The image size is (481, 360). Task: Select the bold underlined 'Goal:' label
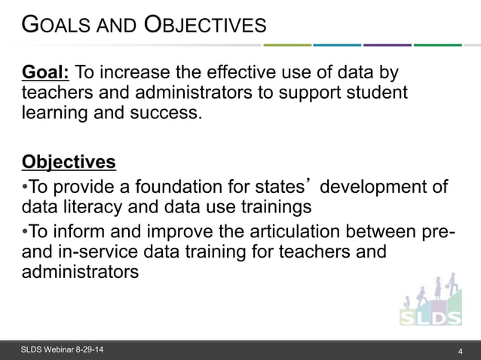coord(47,72)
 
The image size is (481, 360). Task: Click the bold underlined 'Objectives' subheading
coord(69,162)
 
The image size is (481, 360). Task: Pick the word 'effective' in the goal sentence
coord(243,72)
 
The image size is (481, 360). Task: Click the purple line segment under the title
coord(387,45)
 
